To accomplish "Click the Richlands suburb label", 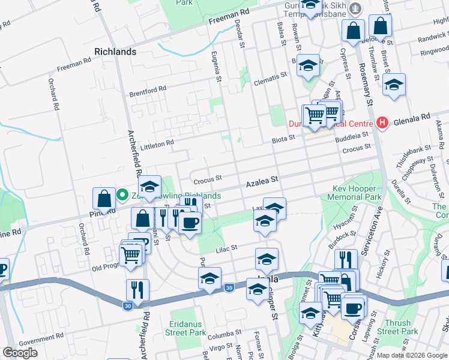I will (x=115, y=52).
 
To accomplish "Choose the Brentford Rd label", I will (x=147, y=91).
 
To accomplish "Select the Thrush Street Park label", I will (x=398, y=327).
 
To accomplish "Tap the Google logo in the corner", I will (x=20, y=352).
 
